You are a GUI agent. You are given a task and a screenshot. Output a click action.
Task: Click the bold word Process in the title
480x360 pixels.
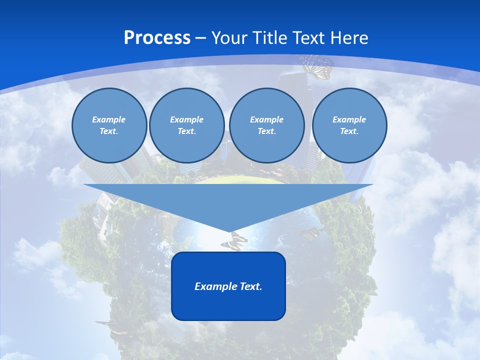pyautogui.click(x=157, y=38)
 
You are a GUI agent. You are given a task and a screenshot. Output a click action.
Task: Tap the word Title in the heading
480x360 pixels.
pyautogui.click(x=271, y=38)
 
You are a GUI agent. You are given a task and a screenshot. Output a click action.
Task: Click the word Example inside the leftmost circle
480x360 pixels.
pyautogui.click(x=109, y=119)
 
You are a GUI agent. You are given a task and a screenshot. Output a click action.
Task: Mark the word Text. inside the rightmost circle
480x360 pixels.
pyautogui.click(x=349, y=131)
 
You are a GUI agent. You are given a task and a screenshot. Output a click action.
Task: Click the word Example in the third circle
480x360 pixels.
pyautogui.click(x=266, y=119)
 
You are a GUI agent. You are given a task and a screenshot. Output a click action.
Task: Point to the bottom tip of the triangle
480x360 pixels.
pyautogui.click(x=228, y=231)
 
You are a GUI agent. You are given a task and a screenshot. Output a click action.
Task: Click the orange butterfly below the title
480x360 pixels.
pyautogui.click(x=317, y=66)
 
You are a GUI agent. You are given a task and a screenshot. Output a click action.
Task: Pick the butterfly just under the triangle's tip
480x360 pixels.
pyautogui.click(x=233, y=240)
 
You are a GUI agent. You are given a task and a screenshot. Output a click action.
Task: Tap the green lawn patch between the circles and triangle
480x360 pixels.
pyautogui.click(x=240, y=179)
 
